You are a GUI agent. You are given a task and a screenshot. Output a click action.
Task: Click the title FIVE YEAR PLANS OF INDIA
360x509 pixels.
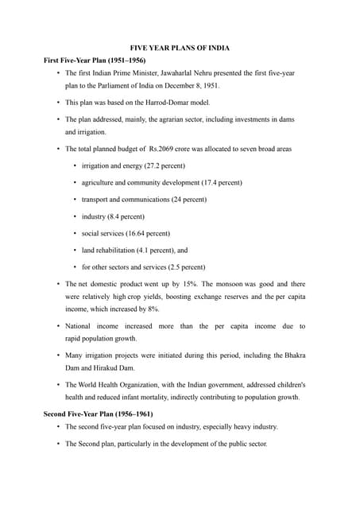click(x=180, y=47)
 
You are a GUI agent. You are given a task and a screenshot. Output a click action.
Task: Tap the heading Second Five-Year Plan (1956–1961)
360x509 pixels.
click(x=98, y=414)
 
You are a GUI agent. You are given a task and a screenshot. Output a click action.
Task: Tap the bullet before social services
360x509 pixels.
click(x=74, y=233)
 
